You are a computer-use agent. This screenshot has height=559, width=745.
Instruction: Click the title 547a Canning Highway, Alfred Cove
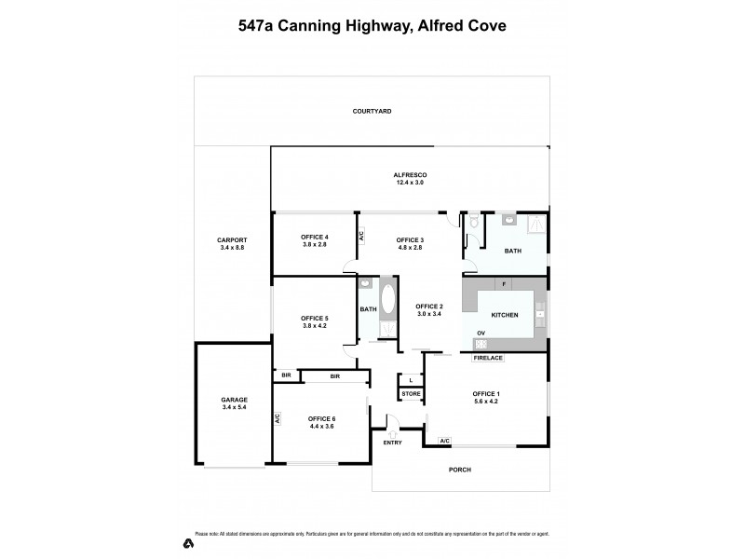coord(372,27)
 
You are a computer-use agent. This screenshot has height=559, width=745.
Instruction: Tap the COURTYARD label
coord(372,111)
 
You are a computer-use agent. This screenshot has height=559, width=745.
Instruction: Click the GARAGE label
coord(234,399)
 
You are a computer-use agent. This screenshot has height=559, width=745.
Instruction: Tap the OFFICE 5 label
coord(315,319)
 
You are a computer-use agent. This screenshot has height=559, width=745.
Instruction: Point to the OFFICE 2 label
coord(428,307)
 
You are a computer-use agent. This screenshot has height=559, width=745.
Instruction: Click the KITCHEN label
coord(504,316)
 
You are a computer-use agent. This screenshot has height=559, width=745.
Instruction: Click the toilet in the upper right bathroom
coord(475,223)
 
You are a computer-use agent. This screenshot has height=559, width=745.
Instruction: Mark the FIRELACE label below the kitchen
coord(488,358)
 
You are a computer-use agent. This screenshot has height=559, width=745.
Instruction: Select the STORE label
coord(411,394)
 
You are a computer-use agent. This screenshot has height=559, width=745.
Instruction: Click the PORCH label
coord(459,470)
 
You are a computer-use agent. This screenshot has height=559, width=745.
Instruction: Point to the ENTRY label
coord(392,442)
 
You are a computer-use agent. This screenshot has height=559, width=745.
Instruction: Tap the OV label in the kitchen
coord(481,333)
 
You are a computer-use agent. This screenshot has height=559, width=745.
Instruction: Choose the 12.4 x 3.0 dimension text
coord(409,183)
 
